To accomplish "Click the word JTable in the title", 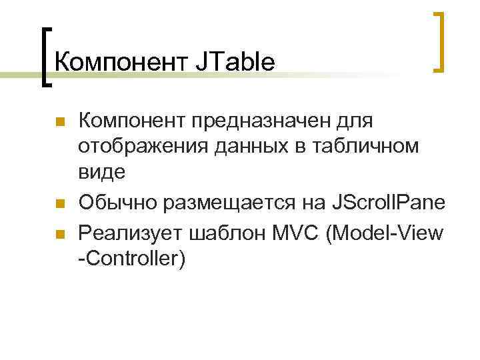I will pos(235,62).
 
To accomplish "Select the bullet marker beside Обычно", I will pos(59,203).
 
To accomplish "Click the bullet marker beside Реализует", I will pos(59,234).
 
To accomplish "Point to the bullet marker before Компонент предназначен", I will pos(59,122).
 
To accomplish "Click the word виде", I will pos(101,173).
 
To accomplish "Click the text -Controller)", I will pos(131,259).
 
